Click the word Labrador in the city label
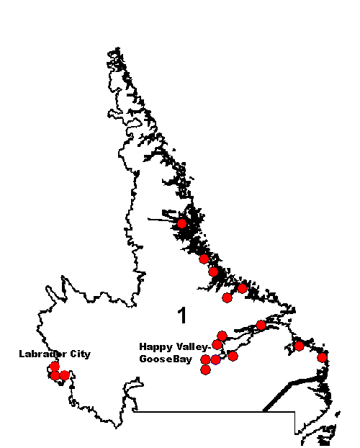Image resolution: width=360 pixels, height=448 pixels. pos(40,354)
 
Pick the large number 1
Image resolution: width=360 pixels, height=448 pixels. pos(183,315)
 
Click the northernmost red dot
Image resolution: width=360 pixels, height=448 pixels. pos(182,224)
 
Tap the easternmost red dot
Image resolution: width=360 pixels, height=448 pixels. pos(323,357)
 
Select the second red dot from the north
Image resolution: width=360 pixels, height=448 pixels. pos(204,259)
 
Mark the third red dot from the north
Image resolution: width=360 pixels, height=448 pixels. pos(213,272)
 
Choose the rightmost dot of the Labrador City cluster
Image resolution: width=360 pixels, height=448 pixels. pos(65,375)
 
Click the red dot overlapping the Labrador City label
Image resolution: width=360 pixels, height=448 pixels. pos(55,367)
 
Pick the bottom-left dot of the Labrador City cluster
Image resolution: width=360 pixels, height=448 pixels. pos(55,375)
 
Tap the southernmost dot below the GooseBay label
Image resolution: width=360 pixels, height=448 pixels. pos(205,369)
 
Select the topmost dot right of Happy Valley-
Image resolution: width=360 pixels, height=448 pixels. pos(222,336)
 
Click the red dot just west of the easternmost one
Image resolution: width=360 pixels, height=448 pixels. pos(299,346)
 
